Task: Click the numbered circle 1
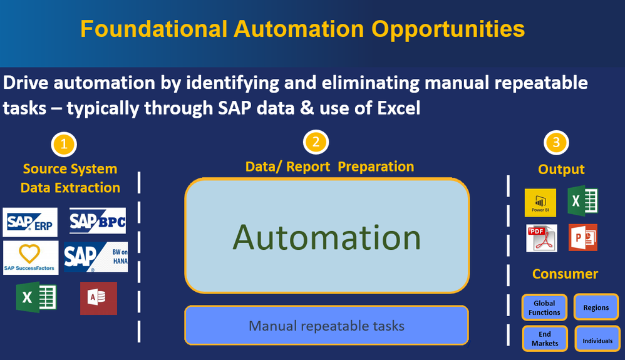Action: [64, 145]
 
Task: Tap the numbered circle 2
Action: [316, 142]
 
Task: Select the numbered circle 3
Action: [556, 142]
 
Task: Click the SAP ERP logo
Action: [30, 222]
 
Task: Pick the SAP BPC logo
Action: [98, 220]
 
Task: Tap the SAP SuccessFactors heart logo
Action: [31, 257]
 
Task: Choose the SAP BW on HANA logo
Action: [96, 257]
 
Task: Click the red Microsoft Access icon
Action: [98, 298]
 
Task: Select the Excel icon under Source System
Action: [36, 297]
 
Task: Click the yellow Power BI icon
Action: [540, 202]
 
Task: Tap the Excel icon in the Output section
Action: [583, 201]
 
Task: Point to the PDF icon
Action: [542, 239]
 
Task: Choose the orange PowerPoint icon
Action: [583, 238]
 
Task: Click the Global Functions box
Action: [544, 307]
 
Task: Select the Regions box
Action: [596, 307]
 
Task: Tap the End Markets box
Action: [545, 339]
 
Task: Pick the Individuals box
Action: [597, 339]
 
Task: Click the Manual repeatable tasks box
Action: [326, 326]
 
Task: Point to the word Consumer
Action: [566, 274]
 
